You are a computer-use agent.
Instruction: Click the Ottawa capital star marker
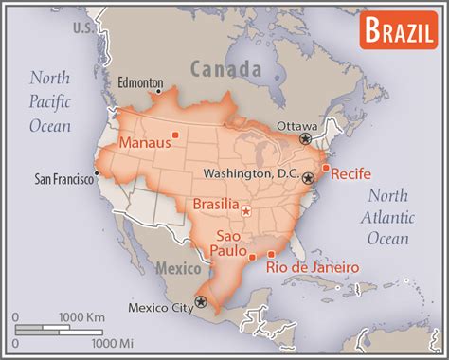pyautogui.click(x=305, y=138)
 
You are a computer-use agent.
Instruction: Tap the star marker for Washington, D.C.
pyautogui.click(x=308, y=177)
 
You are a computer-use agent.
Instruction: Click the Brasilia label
pyautogui.click(x=215, y=204)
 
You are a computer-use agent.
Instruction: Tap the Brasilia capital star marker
pyautogui.click(x=246, y=211)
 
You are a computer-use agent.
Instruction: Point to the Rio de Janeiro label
pyautogui.click(x=313, y=268)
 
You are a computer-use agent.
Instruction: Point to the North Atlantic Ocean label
pyautogui.click(x=387, y=218)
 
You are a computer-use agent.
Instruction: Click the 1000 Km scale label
pyautogui.click(x=81, y=315)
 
